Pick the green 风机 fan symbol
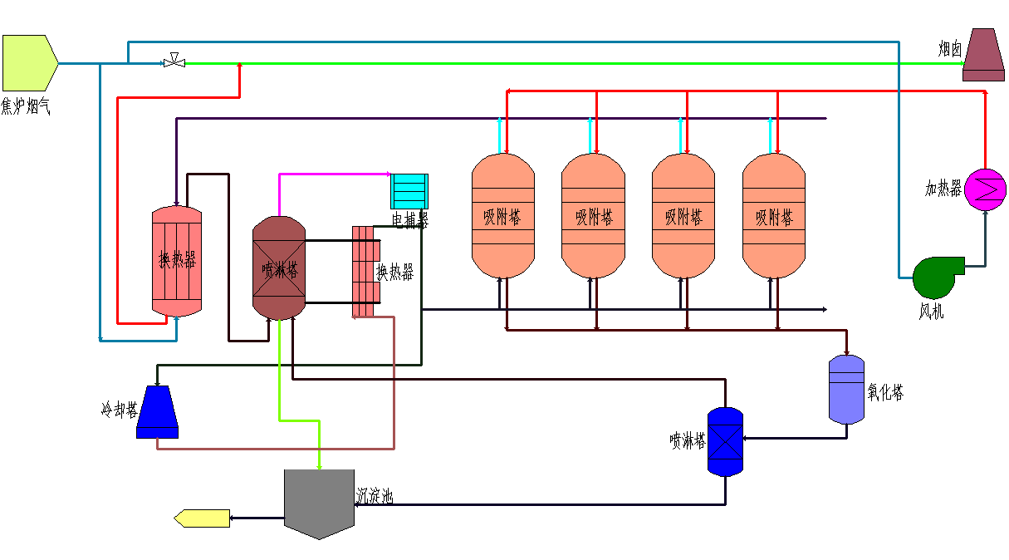[936, 278]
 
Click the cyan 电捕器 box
[409, 191]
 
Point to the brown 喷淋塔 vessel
[280, 268]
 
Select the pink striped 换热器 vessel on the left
[177, 261]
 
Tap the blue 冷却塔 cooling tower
[157, 412]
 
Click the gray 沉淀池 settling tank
[319, 501]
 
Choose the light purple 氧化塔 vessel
[847, 389]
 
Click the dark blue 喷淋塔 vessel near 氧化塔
[725, 441]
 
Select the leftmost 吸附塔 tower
[503, 216]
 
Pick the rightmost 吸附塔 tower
[773, 216]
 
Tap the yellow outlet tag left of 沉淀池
[202, 518]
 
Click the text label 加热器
[943, 189]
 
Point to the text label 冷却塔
[119, 410]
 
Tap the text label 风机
[931, 312]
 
